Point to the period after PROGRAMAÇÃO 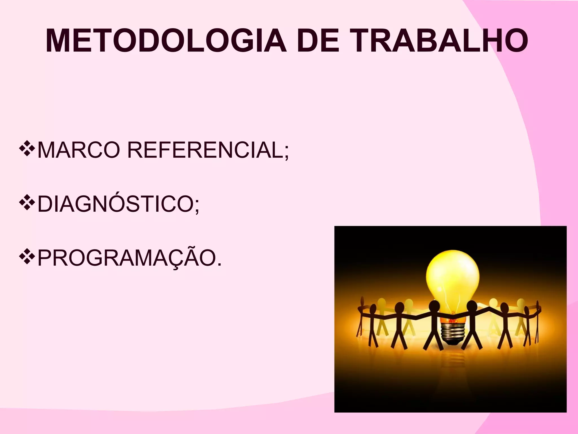pos(220,265)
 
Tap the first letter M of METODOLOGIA pos(58,41)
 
